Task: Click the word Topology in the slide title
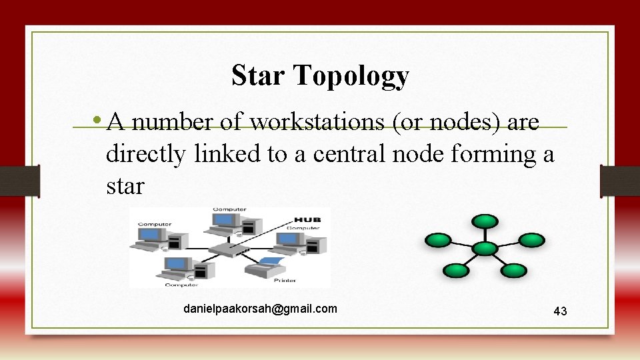click(351, 77)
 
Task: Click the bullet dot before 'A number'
click(98, 121)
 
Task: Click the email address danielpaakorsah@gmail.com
click(261, 309)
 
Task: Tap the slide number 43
click(560, 311)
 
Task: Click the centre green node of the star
click(485, 248)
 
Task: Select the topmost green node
click(485, 220)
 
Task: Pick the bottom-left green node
click(456, 270)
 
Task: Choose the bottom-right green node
click(513, 270)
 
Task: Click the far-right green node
click(531, 240)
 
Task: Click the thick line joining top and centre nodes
click(485, 234)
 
